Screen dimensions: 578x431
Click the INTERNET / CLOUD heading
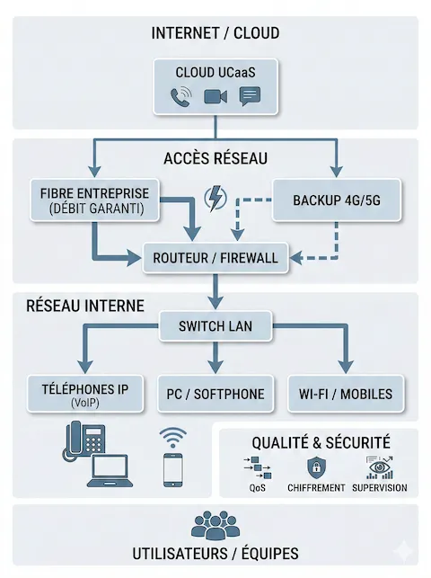[215, 33]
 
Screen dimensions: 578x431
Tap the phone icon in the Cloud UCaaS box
[182, 96]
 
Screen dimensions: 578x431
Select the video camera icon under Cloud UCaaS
[215, 96]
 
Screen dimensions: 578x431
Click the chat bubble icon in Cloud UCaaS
[250, 96]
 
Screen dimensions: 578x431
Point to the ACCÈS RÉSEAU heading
[215, 158]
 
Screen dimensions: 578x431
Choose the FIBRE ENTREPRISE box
[94, 200]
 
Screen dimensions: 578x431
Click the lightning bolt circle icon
[215, 198]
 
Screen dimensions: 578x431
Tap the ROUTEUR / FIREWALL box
[215, 257]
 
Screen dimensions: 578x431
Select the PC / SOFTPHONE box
[215, 394]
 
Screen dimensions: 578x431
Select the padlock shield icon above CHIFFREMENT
[315, 467]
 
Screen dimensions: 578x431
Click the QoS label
[258, 488]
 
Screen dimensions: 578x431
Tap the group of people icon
[215, 524]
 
